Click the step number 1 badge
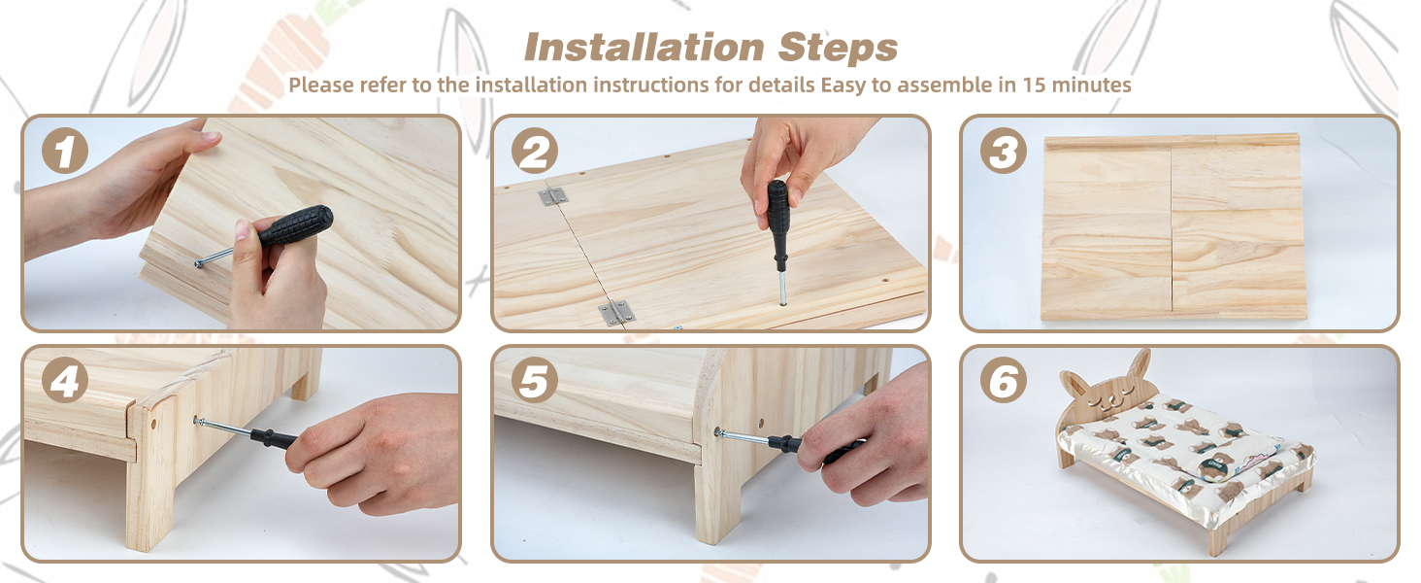click(x=64, y=153)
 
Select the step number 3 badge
click(x=1003, y=153)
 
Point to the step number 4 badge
click(x=64, y=382)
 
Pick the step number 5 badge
click(x=534, y=382)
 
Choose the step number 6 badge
click(x=1003, y=382)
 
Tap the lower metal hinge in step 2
click(x=614, y=312)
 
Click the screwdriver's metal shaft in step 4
click(x=224, y=429)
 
